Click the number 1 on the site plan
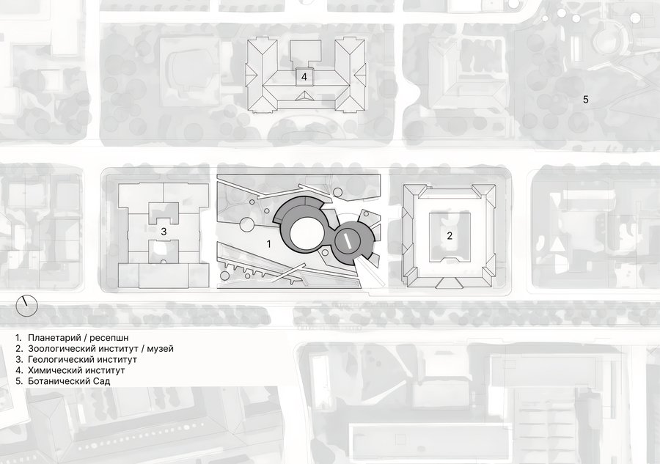click(269, 243)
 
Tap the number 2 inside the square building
click(450, 235)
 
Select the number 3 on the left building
click(164, 232)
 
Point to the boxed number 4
click(304, 76)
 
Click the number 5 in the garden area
click(585, 100)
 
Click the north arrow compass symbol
click(26, 305)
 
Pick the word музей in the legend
click(160, 349)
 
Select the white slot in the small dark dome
click(348, 241)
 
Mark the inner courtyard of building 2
click(450, 235)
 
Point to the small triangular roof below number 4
click(304, 96)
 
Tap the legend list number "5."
click(18, 382)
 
